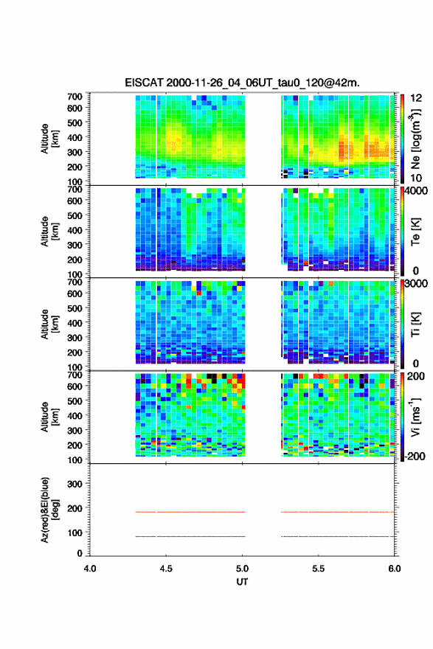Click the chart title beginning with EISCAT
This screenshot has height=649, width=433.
pyautogui.click(x=242, y=83)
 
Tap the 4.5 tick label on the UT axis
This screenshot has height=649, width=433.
pyautogui.click(x=166, y=569)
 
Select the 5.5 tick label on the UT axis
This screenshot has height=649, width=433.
pyautogui.click(x=319, y=569)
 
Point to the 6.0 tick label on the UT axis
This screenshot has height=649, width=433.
pyautogui.click(x=395, y=569)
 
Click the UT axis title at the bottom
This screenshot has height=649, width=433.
pyautogui.click(x=242, y=582)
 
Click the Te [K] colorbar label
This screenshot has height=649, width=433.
pyautogui.click(x=415, y=232)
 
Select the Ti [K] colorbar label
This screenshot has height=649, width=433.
pyautogui.click(x=415, y=324)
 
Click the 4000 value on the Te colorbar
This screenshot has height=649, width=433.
pyautogui.click(x=417, y=191)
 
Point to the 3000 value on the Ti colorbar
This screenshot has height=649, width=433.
pyautogui.click(x=417, y=283)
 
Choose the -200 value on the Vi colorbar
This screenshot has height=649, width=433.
pyautogui.click(x=414, y=456)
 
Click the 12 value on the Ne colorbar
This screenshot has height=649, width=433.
pyautogui.click(x=416, y=98)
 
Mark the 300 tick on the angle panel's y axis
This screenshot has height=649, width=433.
pyautogui.click(x=75, y=484)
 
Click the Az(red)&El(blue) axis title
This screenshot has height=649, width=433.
pyautogui.click(x=49, y=510)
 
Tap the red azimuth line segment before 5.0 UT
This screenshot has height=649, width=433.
pyautogui.click(x=190, y=512)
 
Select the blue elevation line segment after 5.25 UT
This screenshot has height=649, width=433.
pyautogui.click(x=338, y=536)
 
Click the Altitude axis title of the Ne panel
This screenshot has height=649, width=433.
pyautogui.click(x=49, y=139)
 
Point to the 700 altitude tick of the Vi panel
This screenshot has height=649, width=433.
pyautogui.click(x=75, y=375)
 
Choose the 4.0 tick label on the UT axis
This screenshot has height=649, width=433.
pyautogui.click(x=90, y=569)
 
